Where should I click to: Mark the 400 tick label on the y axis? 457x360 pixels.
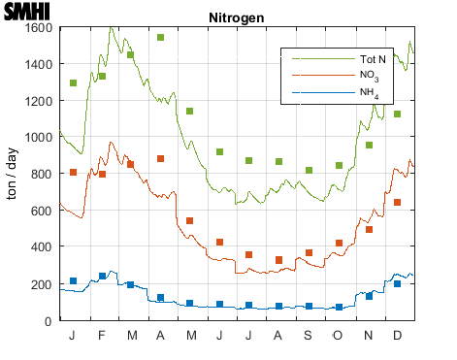[x=41, y=247]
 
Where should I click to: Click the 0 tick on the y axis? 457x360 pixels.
[x=49, y=321]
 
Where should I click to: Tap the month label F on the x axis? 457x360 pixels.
[x=103, y=335]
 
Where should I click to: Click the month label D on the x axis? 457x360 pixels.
[x=398, y=335]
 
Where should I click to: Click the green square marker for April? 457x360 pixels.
[x=161, y=38]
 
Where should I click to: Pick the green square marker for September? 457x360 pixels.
[x=310, y=171]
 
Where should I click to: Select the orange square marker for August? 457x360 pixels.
[x=279, y=260]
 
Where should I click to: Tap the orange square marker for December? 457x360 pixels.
[x=398, y=203]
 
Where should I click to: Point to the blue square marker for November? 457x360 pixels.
[x=369, y=296]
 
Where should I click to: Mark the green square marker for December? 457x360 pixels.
[x=398, y=115]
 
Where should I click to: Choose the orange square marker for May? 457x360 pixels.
[x=190, y=221]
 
